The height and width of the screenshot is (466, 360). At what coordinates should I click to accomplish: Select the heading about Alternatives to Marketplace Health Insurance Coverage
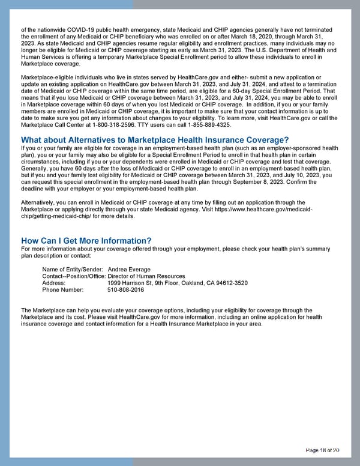155,141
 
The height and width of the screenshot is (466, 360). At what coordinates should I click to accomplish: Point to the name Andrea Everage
129,269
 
